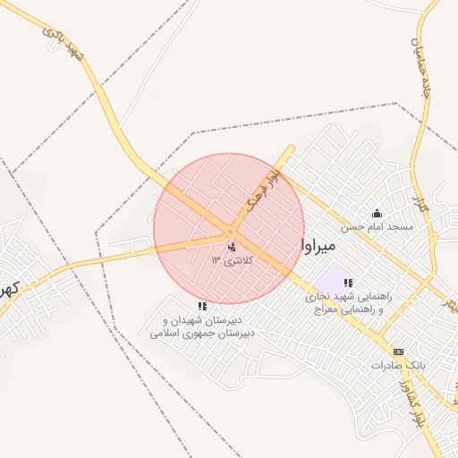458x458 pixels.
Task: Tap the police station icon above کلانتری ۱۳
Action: coord(233,247)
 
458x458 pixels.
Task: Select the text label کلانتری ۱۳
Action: coord(233,260)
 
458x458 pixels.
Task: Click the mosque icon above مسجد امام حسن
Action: coord(377,213)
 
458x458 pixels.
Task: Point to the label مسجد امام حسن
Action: coord(380,227)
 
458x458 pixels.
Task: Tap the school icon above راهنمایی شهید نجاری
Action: coord(348,283)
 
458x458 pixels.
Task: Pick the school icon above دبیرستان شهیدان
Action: coord(202,306)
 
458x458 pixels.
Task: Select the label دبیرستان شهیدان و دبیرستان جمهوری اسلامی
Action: coord(202,327)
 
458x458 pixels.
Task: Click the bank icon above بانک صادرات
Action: coord(398,352)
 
